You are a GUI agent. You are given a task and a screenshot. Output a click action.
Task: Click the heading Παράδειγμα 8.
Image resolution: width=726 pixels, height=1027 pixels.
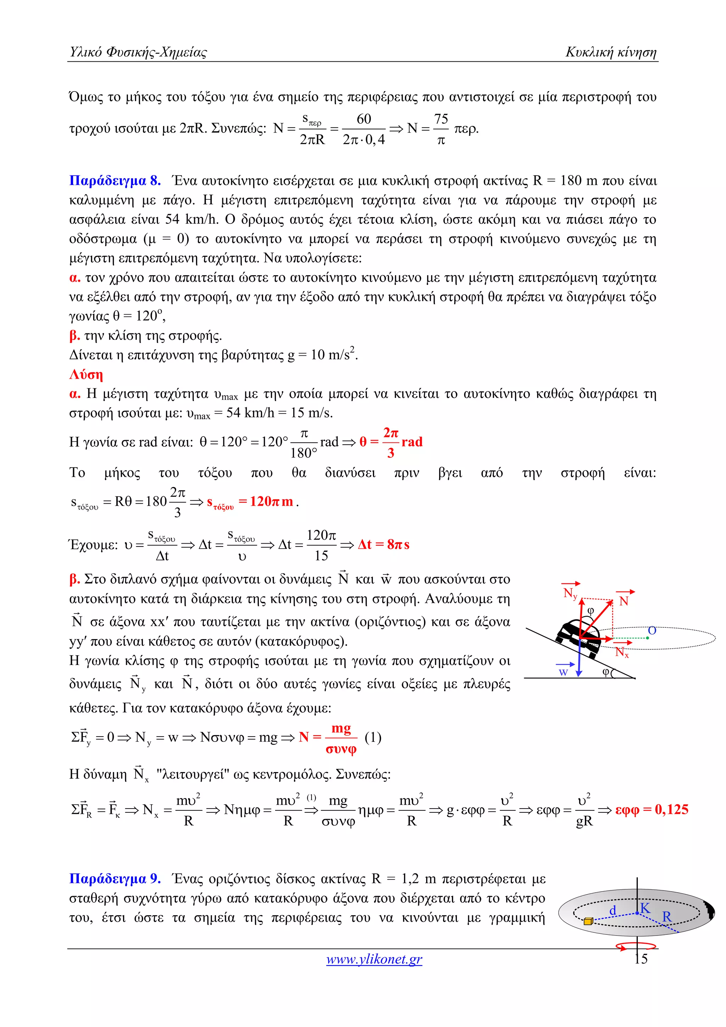115,181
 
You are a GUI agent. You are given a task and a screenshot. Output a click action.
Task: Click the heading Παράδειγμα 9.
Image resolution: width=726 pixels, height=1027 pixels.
115,879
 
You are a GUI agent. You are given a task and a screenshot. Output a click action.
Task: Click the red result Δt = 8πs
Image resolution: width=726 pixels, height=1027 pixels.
384,544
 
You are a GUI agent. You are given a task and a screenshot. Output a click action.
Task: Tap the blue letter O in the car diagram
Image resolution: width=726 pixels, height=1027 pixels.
652,630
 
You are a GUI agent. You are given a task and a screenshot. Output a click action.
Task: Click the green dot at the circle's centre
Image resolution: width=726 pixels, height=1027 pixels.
647,638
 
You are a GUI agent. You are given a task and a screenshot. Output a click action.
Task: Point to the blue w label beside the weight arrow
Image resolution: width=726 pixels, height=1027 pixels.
563,672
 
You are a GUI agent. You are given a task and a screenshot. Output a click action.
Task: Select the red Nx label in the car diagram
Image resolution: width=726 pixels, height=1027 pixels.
622,652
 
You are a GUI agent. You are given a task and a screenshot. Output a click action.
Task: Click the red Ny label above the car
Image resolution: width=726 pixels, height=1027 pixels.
570,594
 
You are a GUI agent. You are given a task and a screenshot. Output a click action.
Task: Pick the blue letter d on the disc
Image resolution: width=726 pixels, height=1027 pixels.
613,910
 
